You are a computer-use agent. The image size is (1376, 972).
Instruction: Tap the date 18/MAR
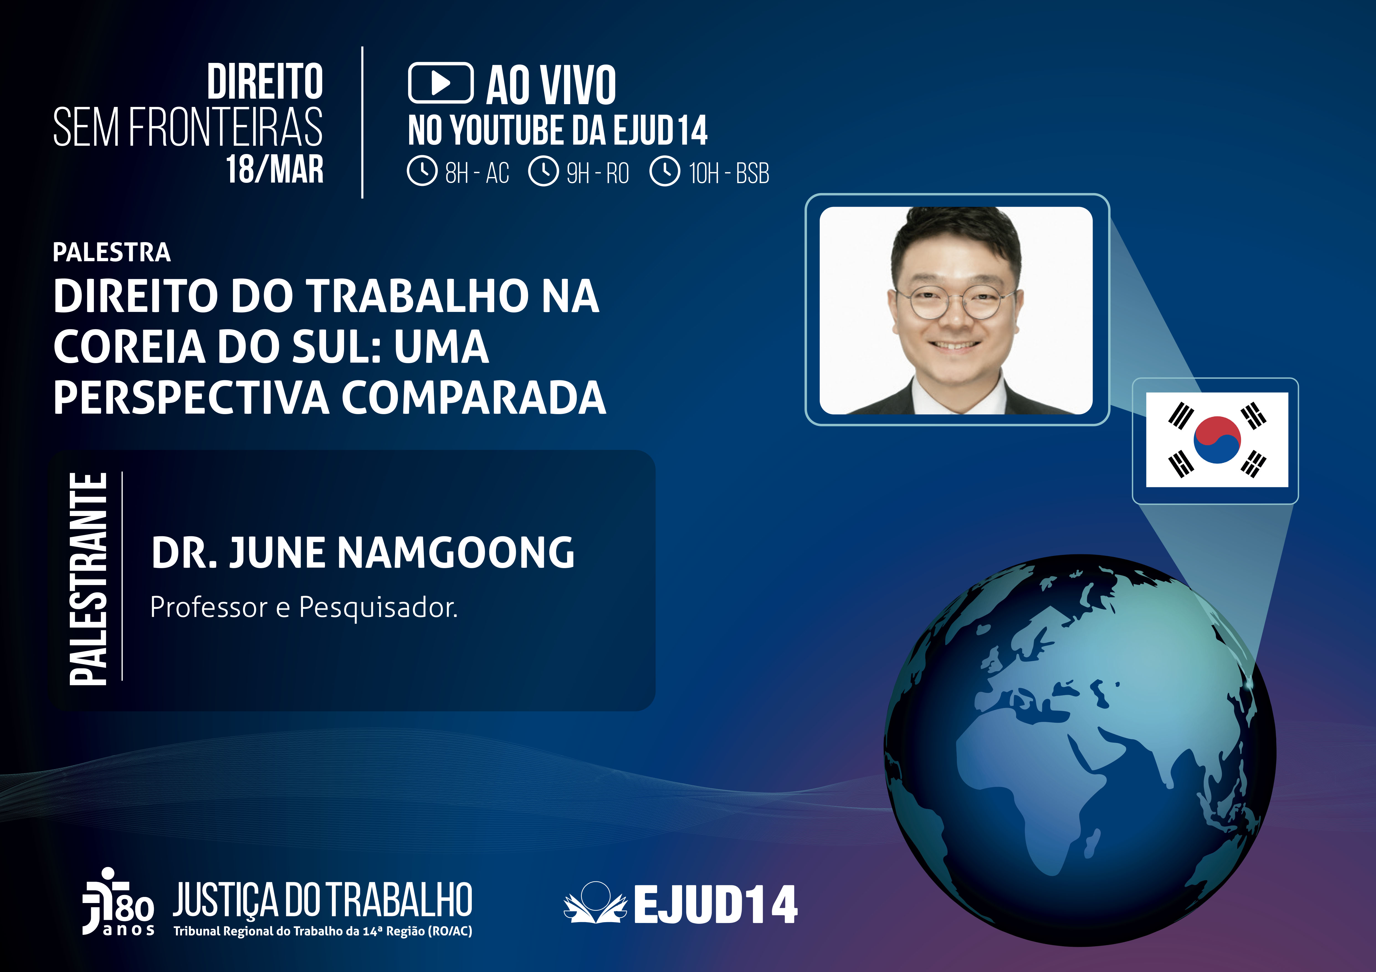[275, 170]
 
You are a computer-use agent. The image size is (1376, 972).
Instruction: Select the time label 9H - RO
[598, 173]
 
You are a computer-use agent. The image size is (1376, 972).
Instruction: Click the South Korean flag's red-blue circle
[1217, 440]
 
